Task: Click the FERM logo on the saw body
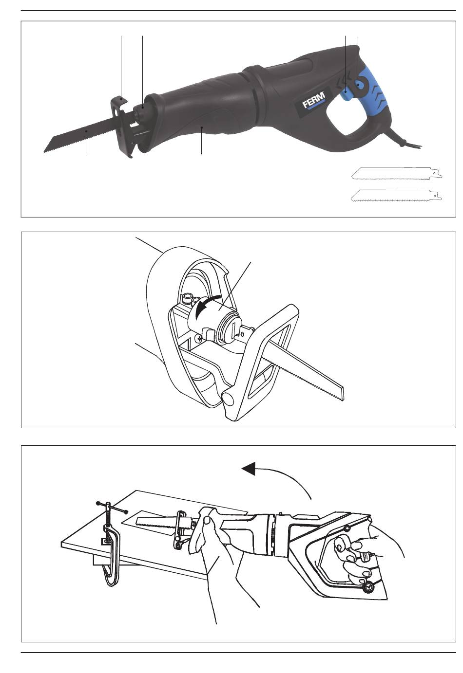pos(313,100)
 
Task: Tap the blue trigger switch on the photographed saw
pos(346,93)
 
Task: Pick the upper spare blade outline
pos(397,173)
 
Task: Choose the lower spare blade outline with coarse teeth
pos(396,195)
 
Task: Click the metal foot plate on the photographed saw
pos(122,126)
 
